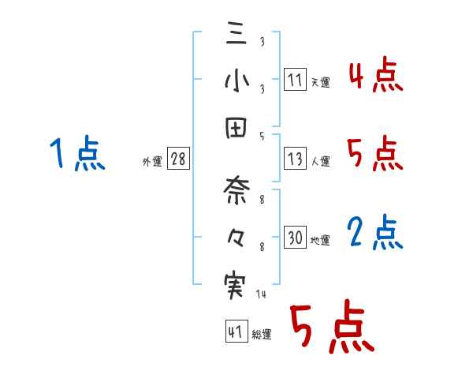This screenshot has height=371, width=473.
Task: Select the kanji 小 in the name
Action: (x=235, y=81)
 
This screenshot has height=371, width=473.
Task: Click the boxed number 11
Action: (x=295, y=80)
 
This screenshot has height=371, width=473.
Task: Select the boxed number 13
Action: (x=295, y=159)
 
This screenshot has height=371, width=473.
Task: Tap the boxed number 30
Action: (x=295, y=238)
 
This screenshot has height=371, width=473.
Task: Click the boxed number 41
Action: (x=235, y=332)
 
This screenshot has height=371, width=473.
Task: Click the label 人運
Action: (x=320, y=161)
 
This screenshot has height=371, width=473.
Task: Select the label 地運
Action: (x=320, y=240)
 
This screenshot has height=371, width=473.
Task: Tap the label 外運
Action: (x=152, y=161)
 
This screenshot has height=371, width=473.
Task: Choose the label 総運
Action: (x=262, y=334)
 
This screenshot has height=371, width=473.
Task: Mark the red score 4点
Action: (x=376, y=76)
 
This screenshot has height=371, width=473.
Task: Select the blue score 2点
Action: (x=376, y=233)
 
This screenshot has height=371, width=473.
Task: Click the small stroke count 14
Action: (x=262, y=294)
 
